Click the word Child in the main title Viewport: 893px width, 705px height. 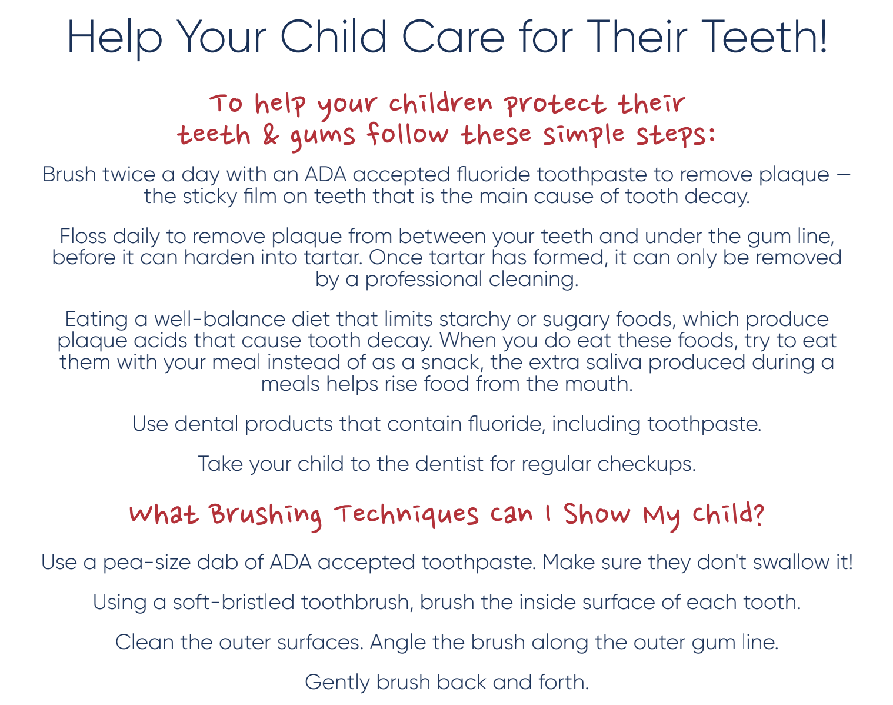coord(334,36)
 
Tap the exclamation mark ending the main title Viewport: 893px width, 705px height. coord(822,36)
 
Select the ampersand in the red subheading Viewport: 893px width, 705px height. coord(271,135)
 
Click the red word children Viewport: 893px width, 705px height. coord(441,103)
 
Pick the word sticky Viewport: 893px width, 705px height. coord(209,197)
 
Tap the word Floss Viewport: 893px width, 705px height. coord(83,236)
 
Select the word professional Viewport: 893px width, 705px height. coord(423,280)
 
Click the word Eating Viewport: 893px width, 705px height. coord(96,320)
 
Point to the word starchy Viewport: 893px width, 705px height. coord(474,320)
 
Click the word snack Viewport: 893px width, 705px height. coord(452,363)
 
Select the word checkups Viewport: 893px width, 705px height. coord(647,464)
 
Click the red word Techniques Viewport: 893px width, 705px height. coord(406,515)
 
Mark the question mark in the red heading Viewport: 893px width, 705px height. coord(758,513)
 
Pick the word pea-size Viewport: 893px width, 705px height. coord(146,563)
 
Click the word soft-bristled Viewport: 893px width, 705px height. coord(234,602)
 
